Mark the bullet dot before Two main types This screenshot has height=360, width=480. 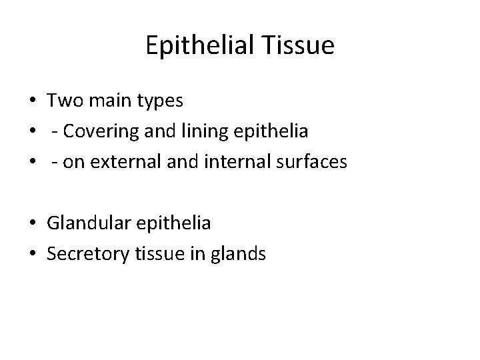(32, 102)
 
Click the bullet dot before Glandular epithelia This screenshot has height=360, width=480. (32, 224)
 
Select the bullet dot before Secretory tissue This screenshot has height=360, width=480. (32, 253)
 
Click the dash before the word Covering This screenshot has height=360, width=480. (53, 133)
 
